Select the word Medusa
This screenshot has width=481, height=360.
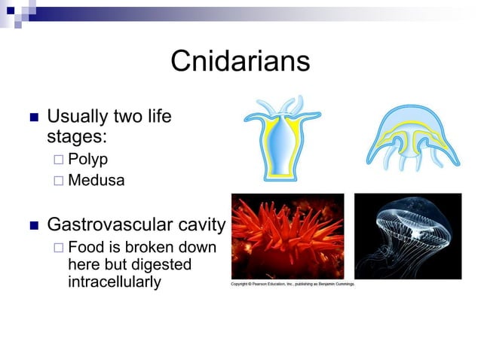(x=96, y=181)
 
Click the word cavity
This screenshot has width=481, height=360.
(x=199, y=224)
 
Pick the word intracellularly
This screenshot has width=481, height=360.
(x=114, y=282)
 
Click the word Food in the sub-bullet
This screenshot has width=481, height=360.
(x=84, y=249)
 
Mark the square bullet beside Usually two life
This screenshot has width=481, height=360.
(x=32, y=118)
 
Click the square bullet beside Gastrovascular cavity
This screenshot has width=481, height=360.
(x=32, y=225)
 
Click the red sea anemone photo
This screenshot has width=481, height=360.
(x=287, y=236)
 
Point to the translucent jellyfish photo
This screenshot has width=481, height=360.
(x=407, y=236)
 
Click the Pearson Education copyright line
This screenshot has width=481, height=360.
(x=293, y=285)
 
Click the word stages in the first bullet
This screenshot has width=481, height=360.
(x=76, y=137)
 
